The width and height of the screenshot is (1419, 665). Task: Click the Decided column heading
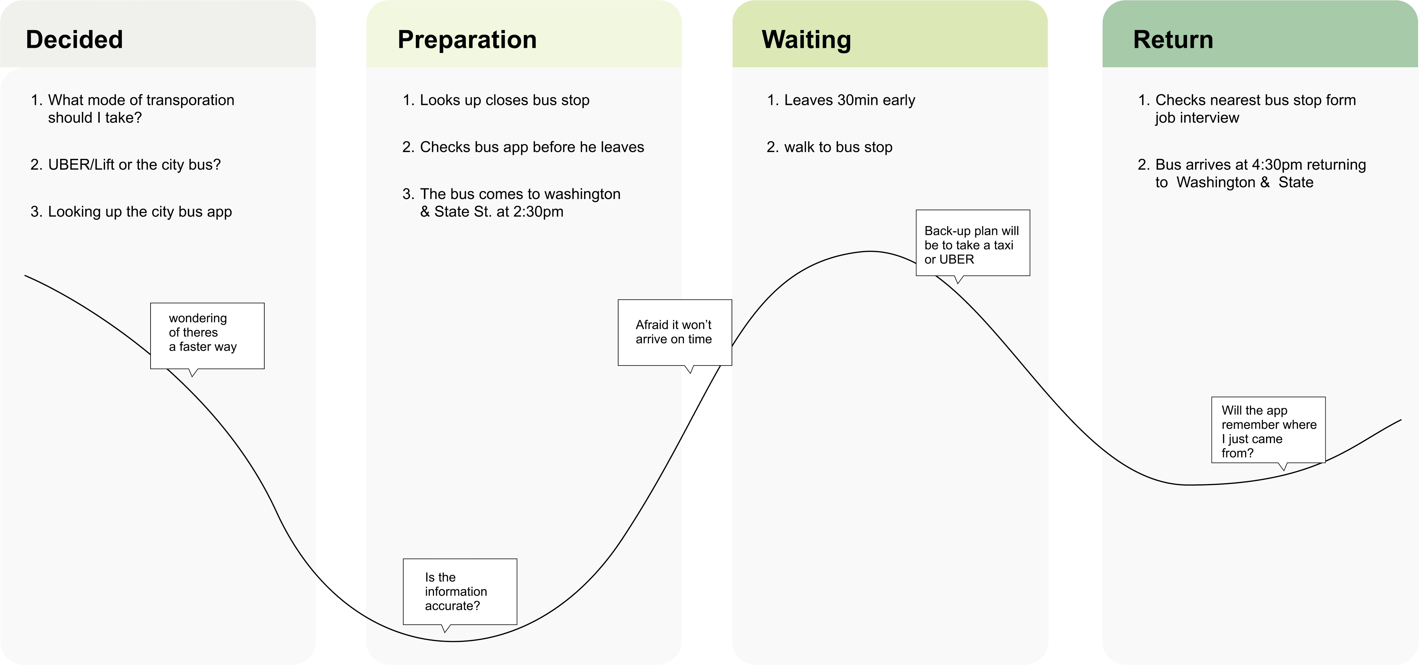[74, 39]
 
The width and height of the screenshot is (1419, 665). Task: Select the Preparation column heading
[467, 39]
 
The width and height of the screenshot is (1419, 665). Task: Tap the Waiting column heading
[806, 39]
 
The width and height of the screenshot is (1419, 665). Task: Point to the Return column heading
[1173, 39]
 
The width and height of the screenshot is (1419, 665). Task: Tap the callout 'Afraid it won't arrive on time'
[674, 332]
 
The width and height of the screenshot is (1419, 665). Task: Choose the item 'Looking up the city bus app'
[140, 212]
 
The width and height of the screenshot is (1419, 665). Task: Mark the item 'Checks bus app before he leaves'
[532, 147]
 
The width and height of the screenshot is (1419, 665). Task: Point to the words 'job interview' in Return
[1197, 118]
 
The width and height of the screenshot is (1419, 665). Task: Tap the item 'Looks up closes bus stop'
[504, 100]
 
